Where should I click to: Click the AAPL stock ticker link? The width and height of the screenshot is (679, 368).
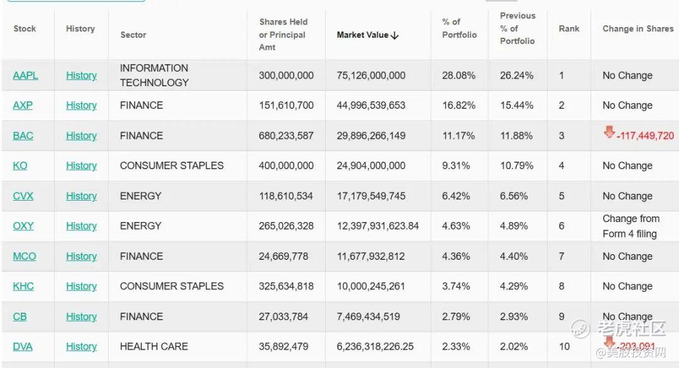click(25, 75)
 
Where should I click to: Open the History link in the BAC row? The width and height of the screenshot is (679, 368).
click(81, 136)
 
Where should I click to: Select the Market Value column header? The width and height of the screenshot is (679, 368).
click(363, 35)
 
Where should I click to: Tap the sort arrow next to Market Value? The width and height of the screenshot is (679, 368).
click(395, 35)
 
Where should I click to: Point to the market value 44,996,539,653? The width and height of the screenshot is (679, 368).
click(371, 106)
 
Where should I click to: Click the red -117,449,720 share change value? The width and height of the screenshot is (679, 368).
click(645, 136)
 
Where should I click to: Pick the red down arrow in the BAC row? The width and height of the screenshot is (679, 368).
click(609, 132)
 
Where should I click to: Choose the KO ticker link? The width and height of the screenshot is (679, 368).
click(20, 166)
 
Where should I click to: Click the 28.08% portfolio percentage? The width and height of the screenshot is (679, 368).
click(458, 75)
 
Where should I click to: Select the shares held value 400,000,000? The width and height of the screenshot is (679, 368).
click(286, 166)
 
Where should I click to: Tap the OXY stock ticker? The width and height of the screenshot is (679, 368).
click(23, 226)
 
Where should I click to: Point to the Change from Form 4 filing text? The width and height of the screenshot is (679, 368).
click(630, 226)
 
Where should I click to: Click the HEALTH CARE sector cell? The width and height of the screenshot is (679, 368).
click(154, 347)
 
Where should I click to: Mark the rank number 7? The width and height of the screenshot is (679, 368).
click(561, 256)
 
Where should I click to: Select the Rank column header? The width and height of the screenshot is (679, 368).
click(569, 29)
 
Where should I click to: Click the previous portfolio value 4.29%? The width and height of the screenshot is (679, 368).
click(516, 286)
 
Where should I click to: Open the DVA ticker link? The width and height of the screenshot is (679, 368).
click(23, 347)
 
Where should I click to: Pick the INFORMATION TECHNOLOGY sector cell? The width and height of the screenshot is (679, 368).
click(154, 75)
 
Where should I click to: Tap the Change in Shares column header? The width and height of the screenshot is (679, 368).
click(638, 29)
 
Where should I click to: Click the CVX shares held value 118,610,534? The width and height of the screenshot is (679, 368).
click(285, 196)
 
